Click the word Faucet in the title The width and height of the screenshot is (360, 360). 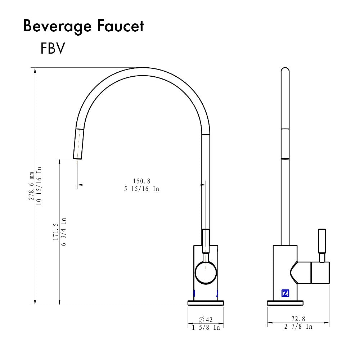coord(123,26)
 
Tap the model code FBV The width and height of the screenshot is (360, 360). coord(53,49)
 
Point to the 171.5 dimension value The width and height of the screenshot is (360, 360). coord(56,232)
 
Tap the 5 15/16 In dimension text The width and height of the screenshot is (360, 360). coord(141,189)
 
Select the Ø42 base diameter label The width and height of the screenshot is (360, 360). coord(206,319)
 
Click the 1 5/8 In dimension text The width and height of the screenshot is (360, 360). coord(206,328)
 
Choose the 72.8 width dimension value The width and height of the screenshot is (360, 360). coord(298,319)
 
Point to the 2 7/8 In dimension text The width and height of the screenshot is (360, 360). coord(298,327)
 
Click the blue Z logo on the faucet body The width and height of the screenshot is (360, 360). coord(285,293)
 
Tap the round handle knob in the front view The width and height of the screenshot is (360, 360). coord(206,273)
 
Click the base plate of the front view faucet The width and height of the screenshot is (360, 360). coord(206,303)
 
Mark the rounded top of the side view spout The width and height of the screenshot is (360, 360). coord(285,71)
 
